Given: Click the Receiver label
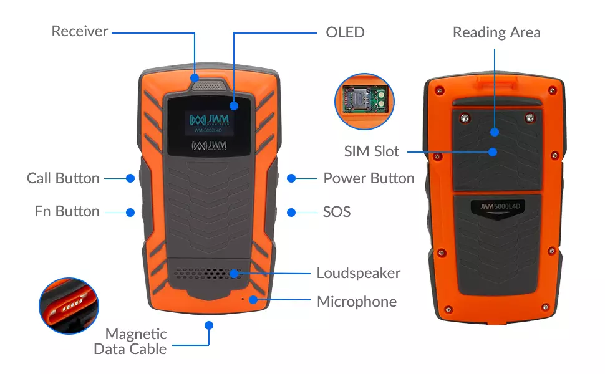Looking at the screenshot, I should point(80,31).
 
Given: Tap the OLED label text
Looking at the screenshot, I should point(345,32).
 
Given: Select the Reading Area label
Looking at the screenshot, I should point(496,32).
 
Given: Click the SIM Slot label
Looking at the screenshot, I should point(372,151).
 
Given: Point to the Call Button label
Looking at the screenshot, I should point(63,178).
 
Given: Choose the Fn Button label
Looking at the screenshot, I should point(67,212).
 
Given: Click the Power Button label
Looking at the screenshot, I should point(369,178).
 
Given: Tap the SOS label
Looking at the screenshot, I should point(337,212).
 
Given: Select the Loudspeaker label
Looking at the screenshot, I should point(359,273).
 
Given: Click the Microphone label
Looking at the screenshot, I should point(357,302).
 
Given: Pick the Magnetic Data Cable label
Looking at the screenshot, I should point(130,342).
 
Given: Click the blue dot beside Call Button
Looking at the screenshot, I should point(130,178).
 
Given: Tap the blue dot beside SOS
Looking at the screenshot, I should point(291,212).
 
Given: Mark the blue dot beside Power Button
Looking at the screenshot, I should point(291,178).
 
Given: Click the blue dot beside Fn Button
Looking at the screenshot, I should point(130,212).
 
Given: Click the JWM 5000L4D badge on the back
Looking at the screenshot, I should point(496,205).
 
